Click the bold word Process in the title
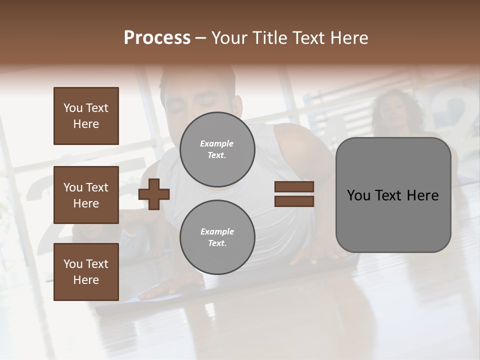[x=157, y=38]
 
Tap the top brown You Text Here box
[x=86, y=116]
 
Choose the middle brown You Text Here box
[x=86, y=195]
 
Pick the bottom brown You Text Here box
[x=86, y=272]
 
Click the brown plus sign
[x=154, y=194]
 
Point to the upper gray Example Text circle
[x=217, y=149]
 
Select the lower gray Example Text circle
[x=217, y=237]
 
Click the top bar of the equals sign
[x=294, y=187]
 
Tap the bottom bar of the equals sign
[x=294, y=201]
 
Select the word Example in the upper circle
[x=217, y=143]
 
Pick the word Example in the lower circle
[x=217, y=231]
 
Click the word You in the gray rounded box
[x=358, y=195]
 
